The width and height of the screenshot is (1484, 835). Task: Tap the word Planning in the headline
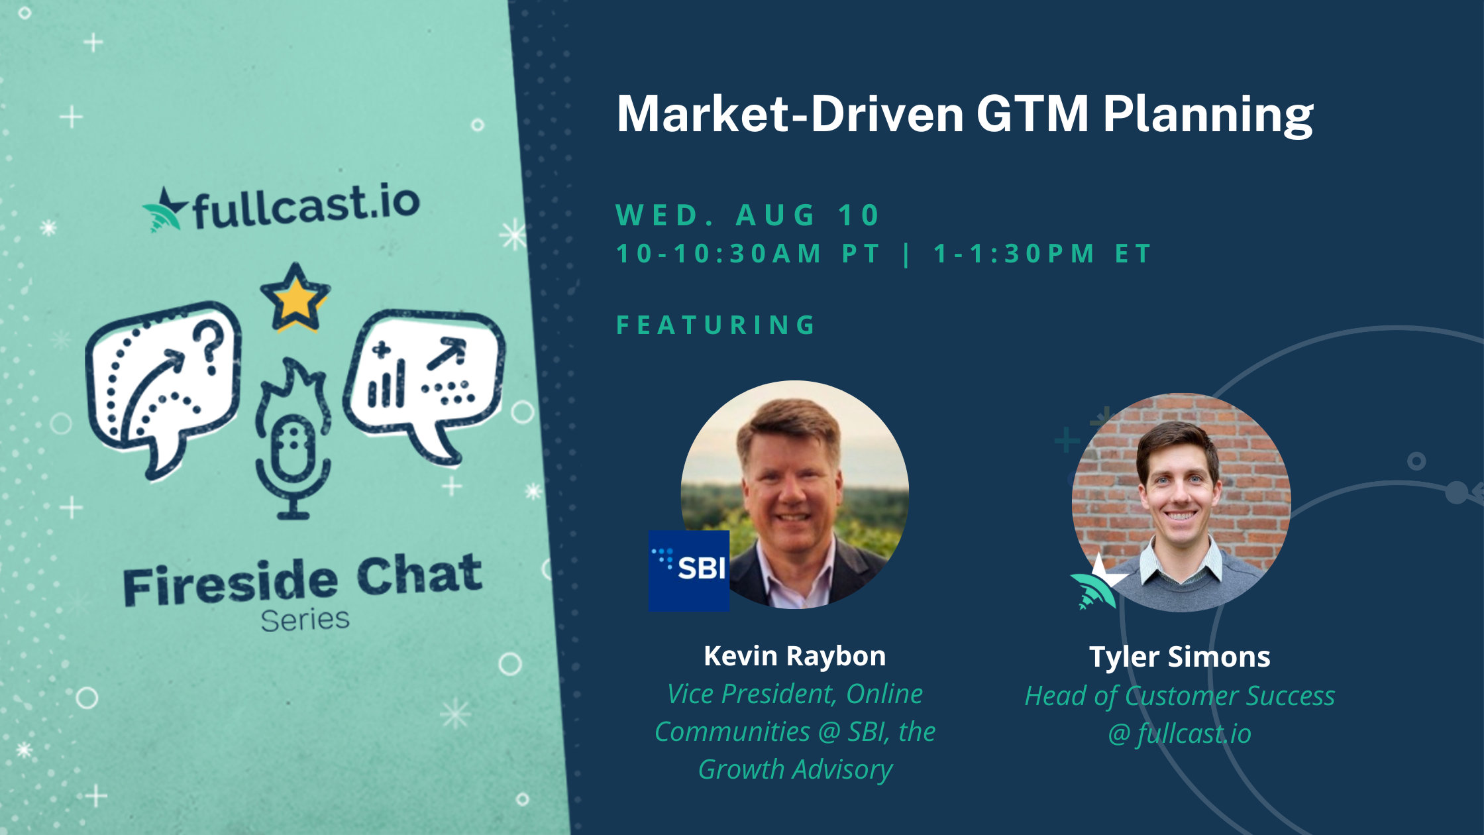click(1208, 116)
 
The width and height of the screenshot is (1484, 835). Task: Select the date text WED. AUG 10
click(747, 215)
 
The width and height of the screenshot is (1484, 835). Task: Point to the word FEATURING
click(715, 325)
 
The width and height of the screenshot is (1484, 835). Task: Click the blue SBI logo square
click(689, 571)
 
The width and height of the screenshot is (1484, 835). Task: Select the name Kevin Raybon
click(794, 656)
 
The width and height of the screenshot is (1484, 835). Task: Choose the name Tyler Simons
click(1180, 657)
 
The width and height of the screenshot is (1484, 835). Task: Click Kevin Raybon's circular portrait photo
click(795, 494)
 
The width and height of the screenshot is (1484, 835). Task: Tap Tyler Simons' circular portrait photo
click(1181, 502)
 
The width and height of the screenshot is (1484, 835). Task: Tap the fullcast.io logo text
click(306, 206)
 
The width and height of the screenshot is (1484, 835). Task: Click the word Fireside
click(231, 583)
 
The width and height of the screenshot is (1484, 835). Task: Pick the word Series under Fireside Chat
click(305, 620)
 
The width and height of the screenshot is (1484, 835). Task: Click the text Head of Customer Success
click(1180, 696)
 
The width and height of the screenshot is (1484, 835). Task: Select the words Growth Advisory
click(795, 769)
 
